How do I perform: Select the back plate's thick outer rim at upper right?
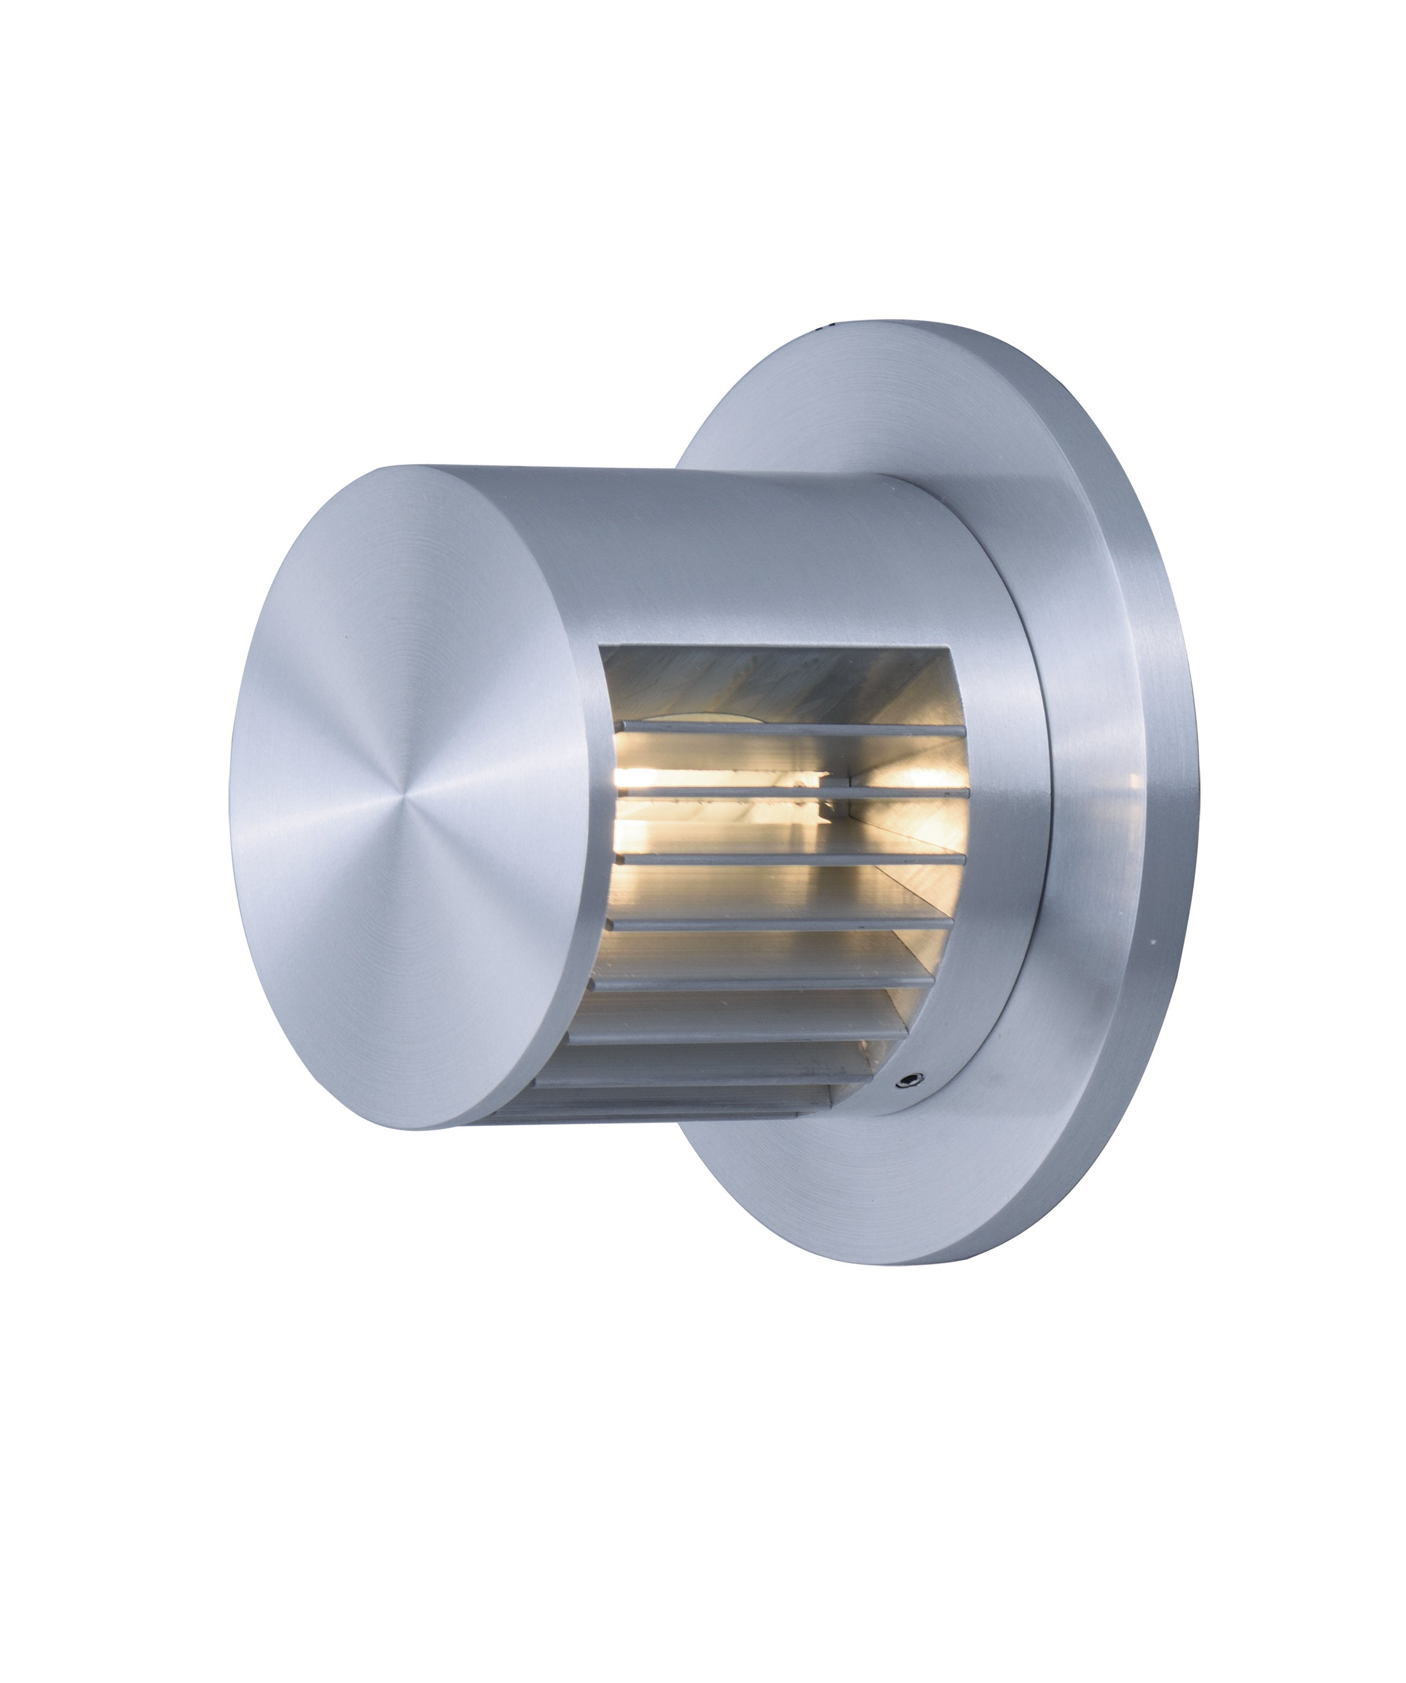(1122, 513)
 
